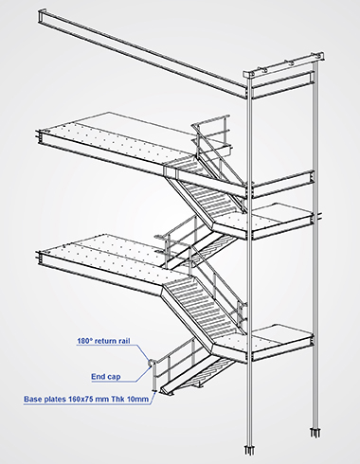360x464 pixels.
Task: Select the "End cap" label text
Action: click(106, 377)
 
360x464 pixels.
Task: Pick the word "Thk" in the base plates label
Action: click(117, 400)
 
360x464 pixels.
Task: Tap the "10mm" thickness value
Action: click(137, 400)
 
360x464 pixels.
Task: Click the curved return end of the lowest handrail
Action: click(151, 364)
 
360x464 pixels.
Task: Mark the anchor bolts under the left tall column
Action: click(249, 450)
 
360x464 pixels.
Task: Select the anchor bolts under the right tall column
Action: click(315, 433)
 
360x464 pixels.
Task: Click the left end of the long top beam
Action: click(41, 16)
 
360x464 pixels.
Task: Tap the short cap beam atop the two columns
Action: click(284, 65)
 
